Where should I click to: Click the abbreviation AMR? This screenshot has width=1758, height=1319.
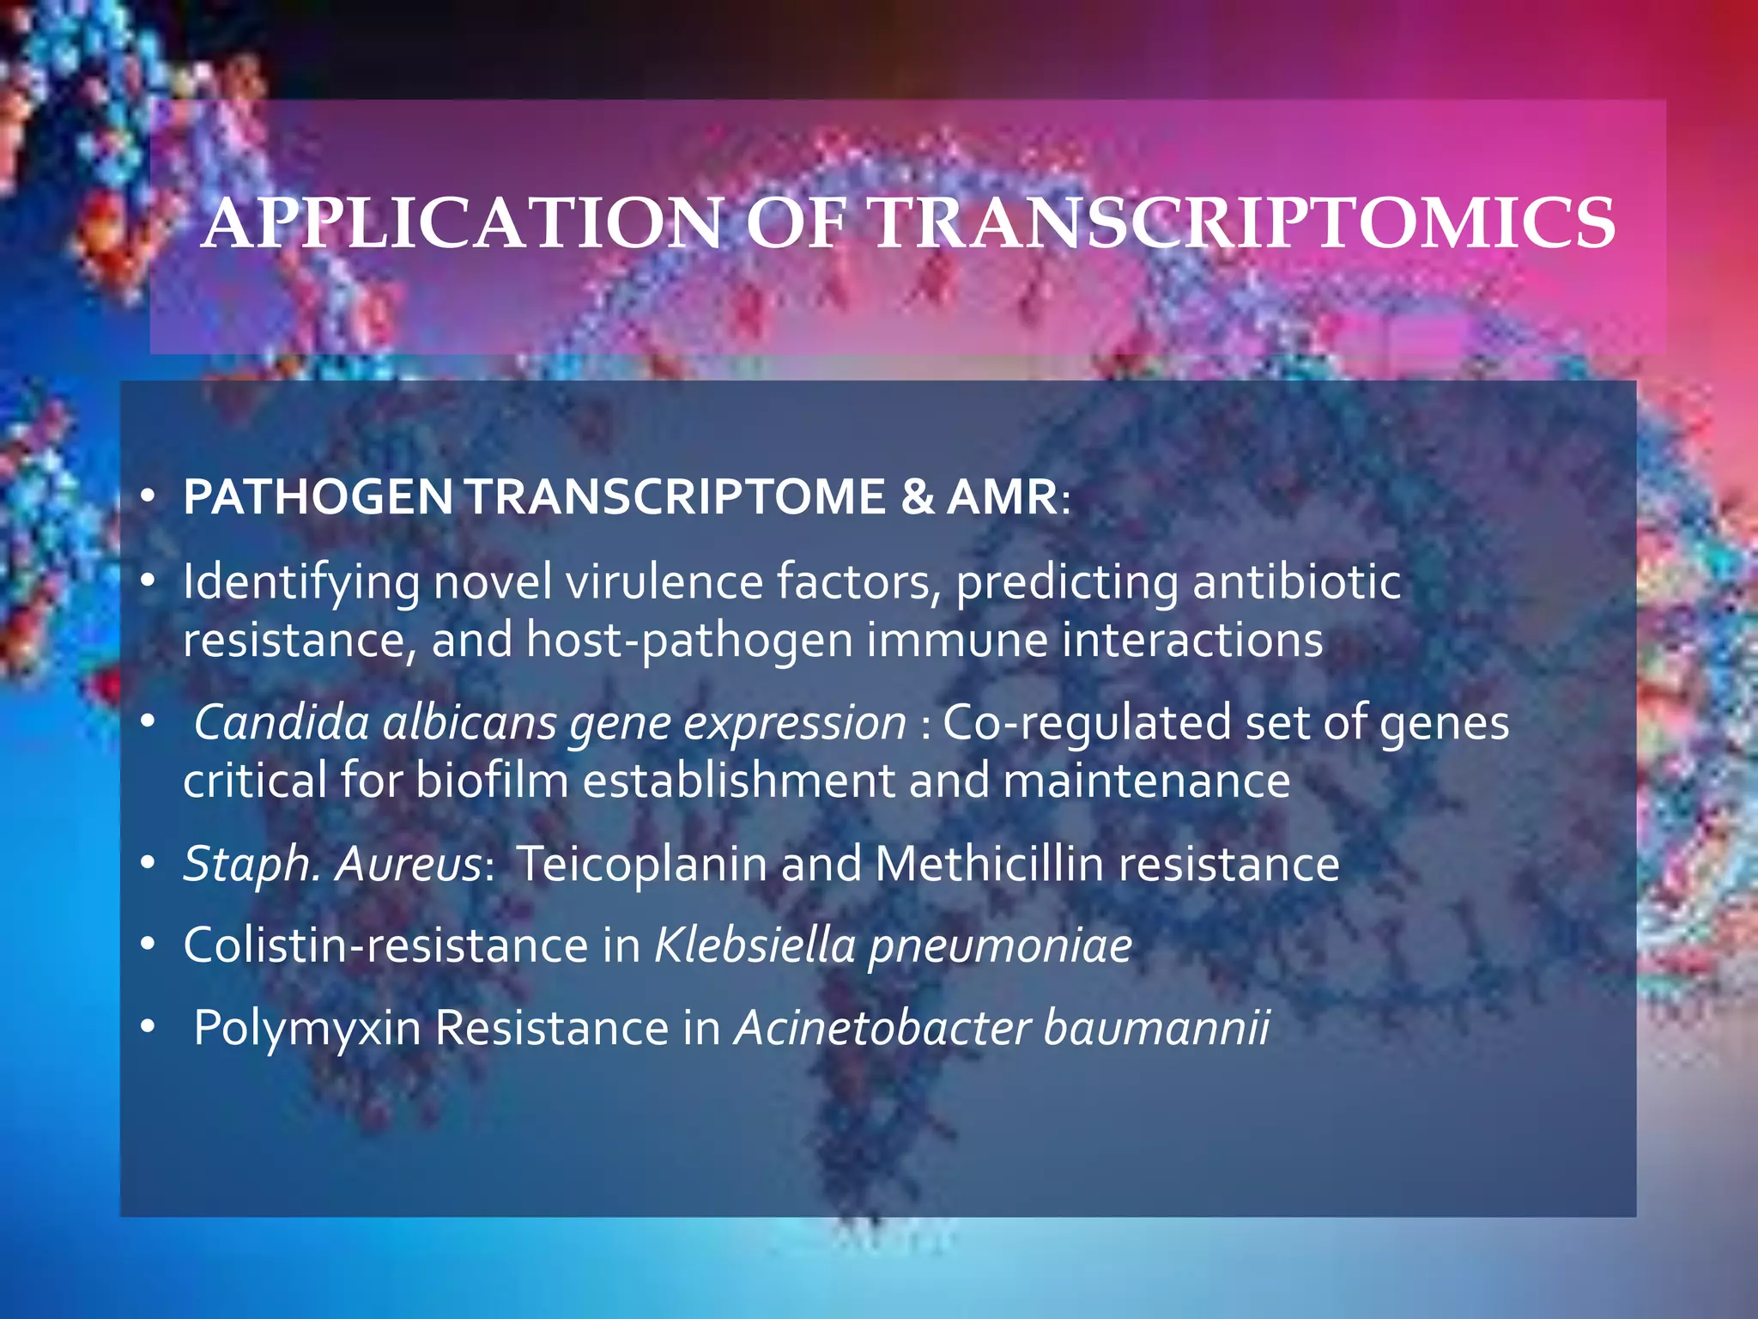tap(1002, 497)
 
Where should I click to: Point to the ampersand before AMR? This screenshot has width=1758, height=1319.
tap(918, 497)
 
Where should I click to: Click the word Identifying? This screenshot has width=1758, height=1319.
tap(301, 583)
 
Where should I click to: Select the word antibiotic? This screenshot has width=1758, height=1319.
tap(1296, 581)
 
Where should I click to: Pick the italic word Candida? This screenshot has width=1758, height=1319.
tap(282, 722)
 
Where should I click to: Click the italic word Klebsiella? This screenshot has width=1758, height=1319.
tap(755, 945)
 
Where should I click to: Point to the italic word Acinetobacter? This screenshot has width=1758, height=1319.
tap(882, 1027)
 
